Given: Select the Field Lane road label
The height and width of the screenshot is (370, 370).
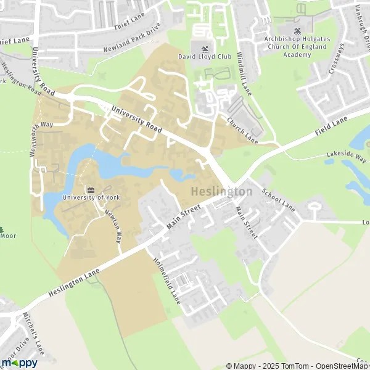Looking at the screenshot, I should [x=332, y=123].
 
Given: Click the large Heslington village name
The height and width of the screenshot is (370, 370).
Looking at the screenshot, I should [x=221, y=192].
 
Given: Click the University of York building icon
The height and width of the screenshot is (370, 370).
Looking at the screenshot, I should [x=91, y=189].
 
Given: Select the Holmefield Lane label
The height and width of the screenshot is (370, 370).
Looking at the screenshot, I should [x=166, y=280].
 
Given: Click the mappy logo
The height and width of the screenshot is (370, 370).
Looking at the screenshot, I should [x=18, y=362].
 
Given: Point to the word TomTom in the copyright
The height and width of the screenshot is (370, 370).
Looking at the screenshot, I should [x=296, y=366].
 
